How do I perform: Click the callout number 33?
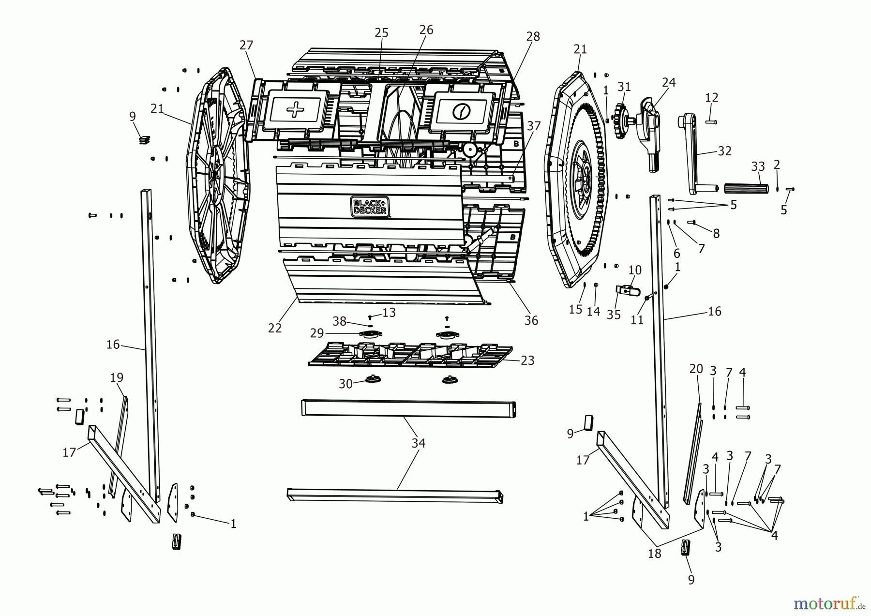[758, 167]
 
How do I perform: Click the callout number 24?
[669, 83]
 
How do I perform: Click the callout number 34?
[418, 443]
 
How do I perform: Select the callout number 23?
[527, 361]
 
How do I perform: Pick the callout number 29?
[317, 333]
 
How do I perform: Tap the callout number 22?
[275, 328]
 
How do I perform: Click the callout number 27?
[246, 45]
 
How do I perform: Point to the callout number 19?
[117, 377]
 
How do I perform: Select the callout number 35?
[614, 315]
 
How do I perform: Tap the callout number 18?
[654, 554]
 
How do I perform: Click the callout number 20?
[696, 369]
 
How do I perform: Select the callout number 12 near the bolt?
[711, 97]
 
